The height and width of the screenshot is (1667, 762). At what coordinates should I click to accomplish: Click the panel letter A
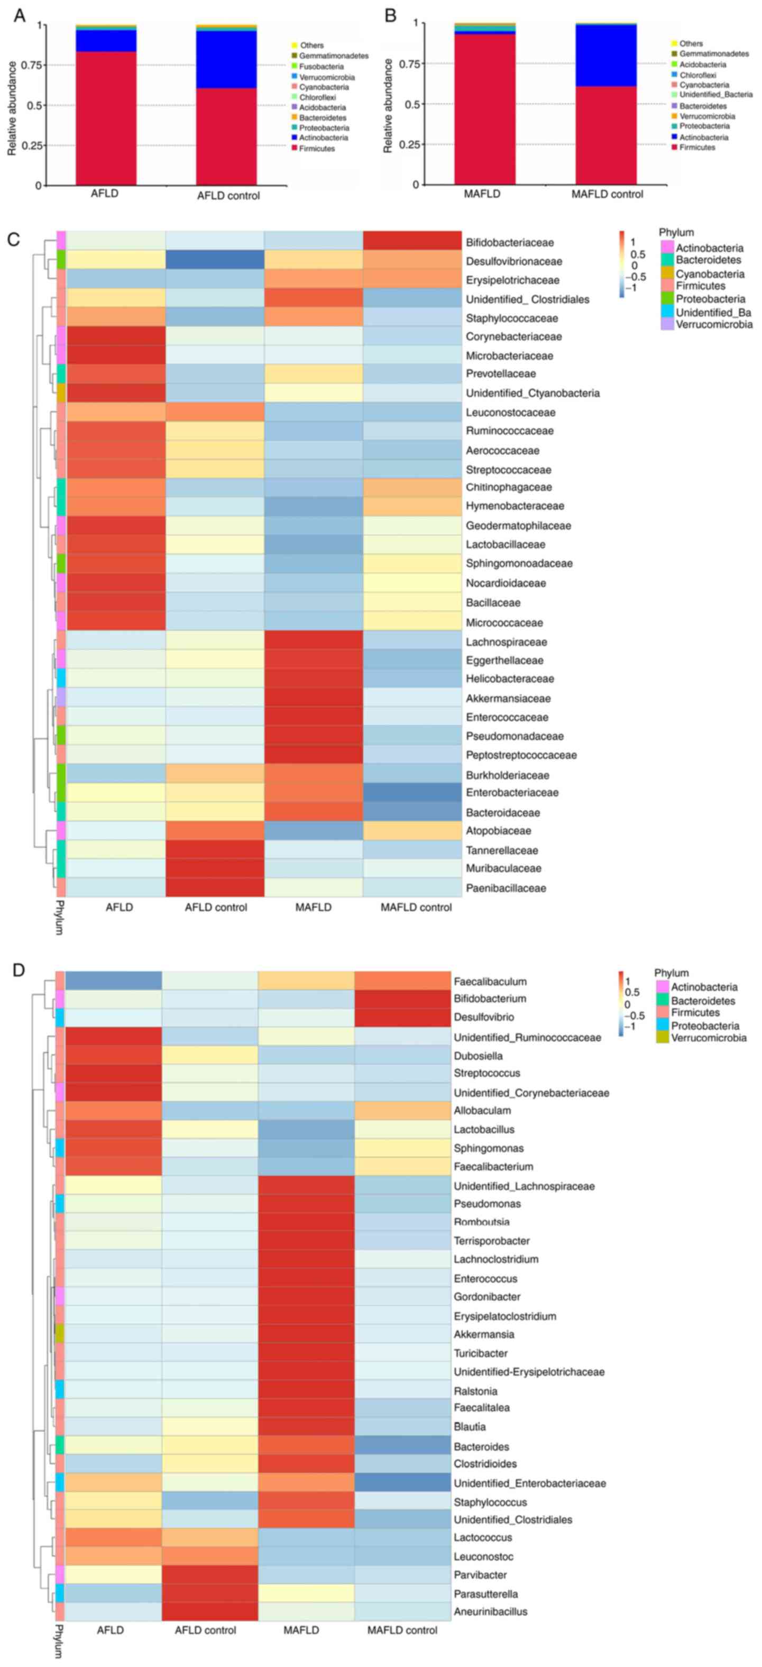point(20,15)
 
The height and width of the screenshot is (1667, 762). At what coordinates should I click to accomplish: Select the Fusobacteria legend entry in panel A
point(321,67)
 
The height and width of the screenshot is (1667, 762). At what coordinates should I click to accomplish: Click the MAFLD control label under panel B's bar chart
point(607,194)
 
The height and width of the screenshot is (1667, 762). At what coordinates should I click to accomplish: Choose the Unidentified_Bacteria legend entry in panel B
point(715,95)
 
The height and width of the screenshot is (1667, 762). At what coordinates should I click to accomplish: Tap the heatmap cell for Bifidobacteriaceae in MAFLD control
point(412,241)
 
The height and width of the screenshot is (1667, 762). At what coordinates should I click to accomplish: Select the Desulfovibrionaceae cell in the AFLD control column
point(215,261)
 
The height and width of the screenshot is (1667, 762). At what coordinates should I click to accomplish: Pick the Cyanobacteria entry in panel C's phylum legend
point(710,274)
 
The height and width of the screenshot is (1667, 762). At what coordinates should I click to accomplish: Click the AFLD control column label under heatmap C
point(215,907)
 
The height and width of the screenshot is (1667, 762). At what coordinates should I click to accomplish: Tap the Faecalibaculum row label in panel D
point(490,982)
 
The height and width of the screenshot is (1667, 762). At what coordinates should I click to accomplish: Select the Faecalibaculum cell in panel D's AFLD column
point(113,981)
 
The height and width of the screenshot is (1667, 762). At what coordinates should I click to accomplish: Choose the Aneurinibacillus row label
point(490,1611)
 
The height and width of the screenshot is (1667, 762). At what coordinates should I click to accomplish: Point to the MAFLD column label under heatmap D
point(301,1630)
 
